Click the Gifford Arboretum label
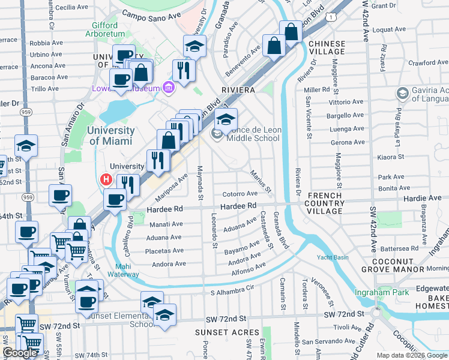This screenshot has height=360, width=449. click(x=113, y=30)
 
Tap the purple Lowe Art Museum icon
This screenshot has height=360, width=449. click(x=169, y=88)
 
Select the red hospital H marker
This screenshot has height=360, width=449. click(x=107, y=179)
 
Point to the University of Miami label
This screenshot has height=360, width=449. click(x=112, y=136)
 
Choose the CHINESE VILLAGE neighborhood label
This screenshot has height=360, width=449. click(x=327, y=48)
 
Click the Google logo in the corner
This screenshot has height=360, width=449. click(x=20, y=353)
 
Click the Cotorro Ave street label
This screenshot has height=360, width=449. click(x=240, y=194)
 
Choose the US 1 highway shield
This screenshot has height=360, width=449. click(x=331, y=19)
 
